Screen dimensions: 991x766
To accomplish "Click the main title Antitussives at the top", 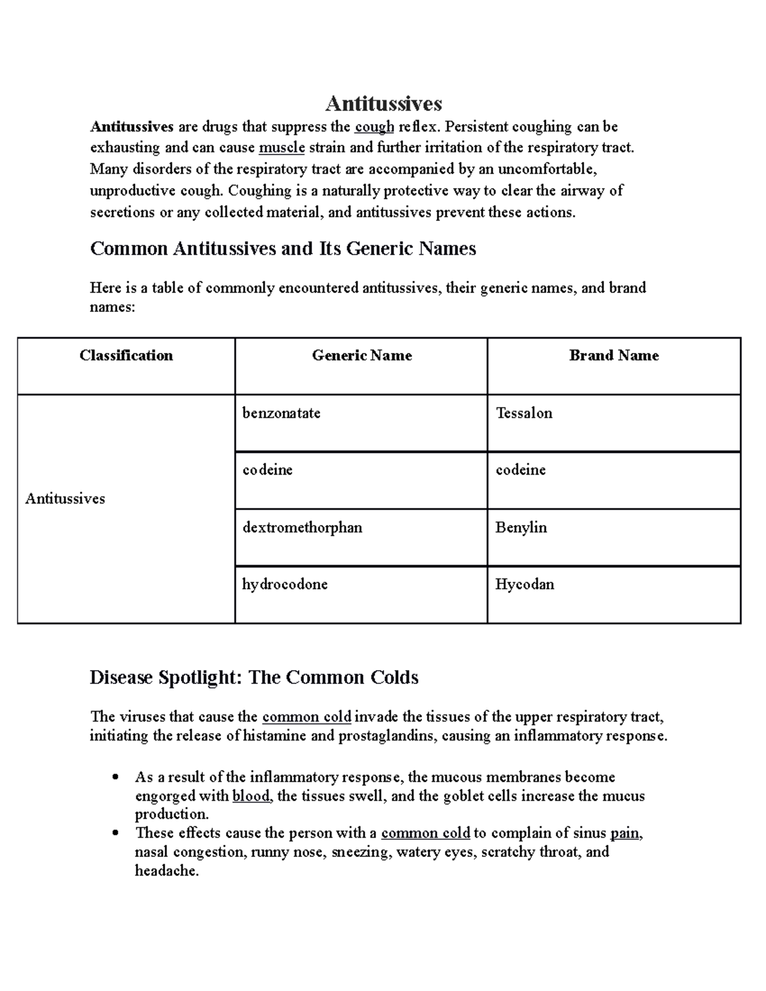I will pyautogui.click(x=384, y=103).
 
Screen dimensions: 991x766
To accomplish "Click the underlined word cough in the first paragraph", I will pyautogui.click(x=374, y=127).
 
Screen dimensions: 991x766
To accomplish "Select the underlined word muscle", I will pyautogui.click(x=282, y=148).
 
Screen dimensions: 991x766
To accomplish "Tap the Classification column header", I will pyautogui.click(x=126, y=355).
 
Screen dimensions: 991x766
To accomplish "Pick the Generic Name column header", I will pyautogui.click(x=361, y=355).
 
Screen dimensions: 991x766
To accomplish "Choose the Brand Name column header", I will pyautogui.click(x=613, y=355).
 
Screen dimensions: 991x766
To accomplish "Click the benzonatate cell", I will pyautogui.click(x=281, y=413).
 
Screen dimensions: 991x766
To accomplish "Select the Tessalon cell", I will pyautogui.click(x=523, y=413).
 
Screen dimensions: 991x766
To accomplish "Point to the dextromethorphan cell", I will pyautogui.click(x=302, y=527).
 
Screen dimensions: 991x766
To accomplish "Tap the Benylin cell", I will pyautogui.click(x=521, y=527).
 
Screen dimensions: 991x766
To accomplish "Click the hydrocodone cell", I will pyautogui.click(x=285, y=584).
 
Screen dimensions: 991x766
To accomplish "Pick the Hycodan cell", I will pyautogui.click(x=524, y=584).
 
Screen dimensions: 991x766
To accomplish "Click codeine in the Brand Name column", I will pyautogui.click(x=520, y=470).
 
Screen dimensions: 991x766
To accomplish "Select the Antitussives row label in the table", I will pyautogui.click(x=65, y=498).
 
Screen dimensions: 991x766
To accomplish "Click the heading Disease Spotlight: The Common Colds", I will pyautogui.click(x=253, y=677).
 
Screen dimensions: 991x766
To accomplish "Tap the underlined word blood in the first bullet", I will pyautogui.click(x=251, y=796).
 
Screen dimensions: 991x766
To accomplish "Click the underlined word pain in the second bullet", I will pyautogui.click(x=625, y=833).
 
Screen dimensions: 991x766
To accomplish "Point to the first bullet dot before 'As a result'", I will pyautogui.click(x=115, y=777).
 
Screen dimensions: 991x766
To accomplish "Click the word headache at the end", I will pyautogui.click(x=166, y=871).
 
